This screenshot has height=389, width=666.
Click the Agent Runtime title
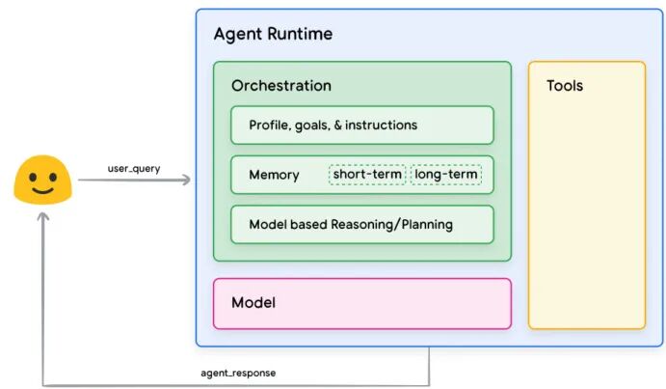pos(273,34)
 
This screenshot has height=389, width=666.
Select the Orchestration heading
pos(281,86)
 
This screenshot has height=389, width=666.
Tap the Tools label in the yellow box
pos(565,86)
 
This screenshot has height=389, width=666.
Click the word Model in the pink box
pos(253,302)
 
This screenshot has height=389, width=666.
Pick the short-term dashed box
pos(367,174)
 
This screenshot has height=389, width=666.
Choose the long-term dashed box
pos(446,174)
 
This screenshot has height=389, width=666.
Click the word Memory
pos(274,175)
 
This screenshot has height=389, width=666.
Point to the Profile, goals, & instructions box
pos(362,125)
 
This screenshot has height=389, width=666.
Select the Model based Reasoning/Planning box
pos(362,224)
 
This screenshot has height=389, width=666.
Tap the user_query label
pos(134,169)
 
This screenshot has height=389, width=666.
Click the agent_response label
pos(238,373)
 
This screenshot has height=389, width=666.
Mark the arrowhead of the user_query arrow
pos(186,180)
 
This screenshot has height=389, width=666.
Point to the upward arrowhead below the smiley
pos(43,216)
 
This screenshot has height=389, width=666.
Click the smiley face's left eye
pos(33,176)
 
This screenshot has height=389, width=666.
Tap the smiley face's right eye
pos(53,176)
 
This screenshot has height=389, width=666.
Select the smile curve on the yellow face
pos(43,190)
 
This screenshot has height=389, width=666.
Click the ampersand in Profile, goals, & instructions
pos(337,125)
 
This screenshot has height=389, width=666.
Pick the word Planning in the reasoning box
pos(427,225)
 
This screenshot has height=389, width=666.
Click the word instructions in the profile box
pos(381,125)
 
